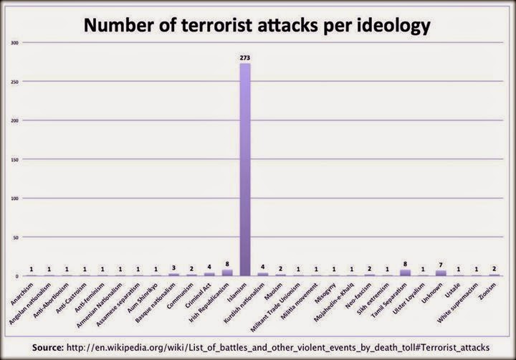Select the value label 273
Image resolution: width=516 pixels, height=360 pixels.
245,57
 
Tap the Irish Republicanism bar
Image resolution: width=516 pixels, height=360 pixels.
227,273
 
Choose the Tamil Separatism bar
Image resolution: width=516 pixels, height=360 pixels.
405,273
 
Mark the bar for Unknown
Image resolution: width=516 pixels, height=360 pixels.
441,273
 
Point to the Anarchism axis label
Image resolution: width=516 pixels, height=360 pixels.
22,293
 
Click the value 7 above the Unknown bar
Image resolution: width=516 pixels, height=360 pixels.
441,265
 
